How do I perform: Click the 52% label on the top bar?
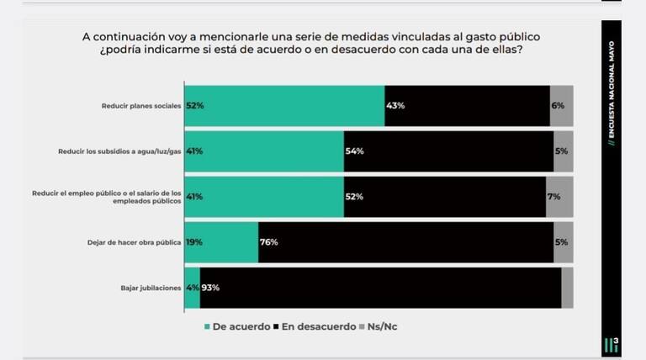195,106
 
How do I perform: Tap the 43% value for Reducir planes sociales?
396,106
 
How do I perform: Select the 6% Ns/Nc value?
558,106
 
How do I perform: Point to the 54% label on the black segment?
354,151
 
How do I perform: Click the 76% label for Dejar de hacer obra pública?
268,242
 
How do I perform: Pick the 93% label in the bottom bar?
210,288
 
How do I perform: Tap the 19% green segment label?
194,242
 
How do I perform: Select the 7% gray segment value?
553,197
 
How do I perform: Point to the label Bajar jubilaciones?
151,288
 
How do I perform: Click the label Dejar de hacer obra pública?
134,242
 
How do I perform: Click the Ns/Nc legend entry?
378,326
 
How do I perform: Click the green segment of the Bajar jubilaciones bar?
192,288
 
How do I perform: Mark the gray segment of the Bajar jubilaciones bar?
567,288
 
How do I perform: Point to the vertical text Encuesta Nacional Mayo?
612,89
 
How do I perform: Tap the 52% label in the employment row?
354,197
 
